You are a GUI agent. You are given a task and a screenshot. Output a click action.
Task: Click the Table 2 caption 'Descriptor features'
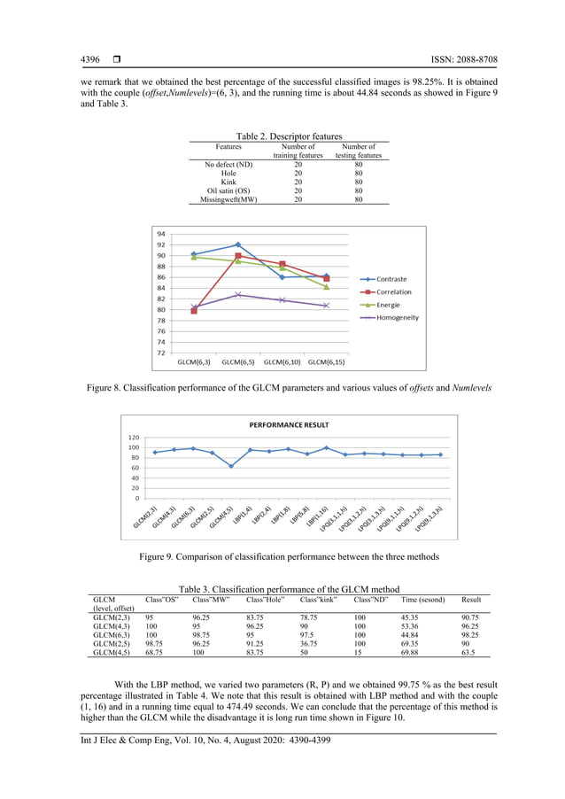click(289, 136)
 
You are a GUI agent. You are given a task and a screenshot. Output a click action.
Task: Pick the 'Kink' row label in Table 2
click(228, 182)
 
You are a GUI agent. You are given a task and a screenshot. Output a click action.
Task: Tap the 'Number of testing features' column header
click(358, 151)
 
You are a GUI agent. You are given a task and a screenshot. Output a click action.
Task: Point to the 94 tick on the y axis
click(161, 234)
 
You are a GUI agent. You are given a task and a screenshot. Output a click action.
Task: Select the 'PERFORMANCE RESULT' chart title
click(289, 425)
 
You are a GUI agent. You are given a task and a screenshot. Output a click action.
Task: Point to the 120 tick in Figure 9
click(133, 438)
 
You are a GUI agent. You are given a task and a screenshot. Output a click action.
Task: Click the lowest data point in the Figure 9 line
click(231, 466)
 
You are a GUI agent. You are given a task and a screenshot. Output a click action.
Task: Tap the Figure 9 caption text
click(289, 556)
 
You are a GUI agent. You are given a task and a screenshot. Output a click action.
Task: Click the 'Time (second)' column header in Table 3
click(422, 600)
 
